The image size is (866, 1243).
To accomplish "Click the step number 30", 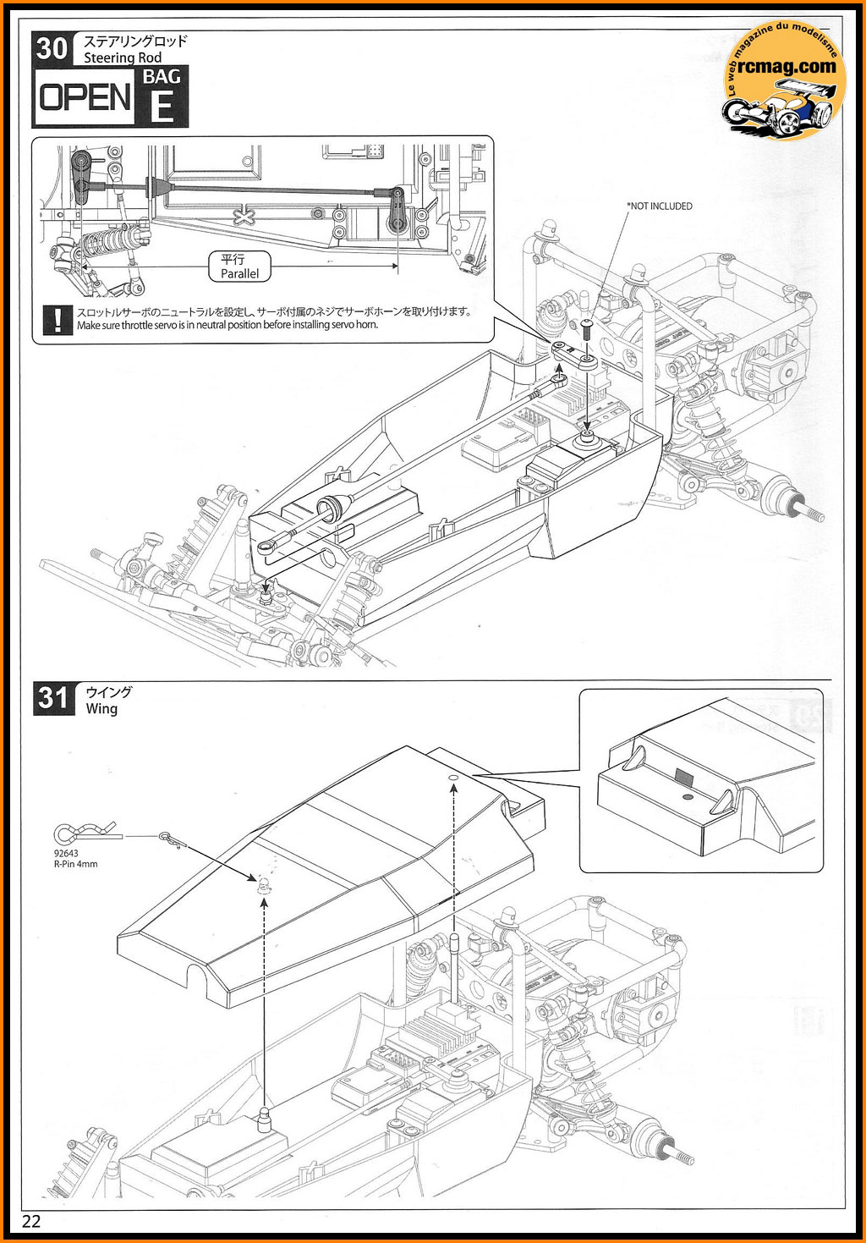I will click(x=52, y=48).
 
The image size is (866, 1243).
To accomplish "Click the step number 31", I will click(x=53, y=698).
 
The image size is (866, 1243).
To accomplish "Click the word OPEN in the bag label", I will click(x=85, y=98).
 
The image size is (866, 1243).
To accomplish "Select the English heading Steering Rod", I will click(x=123, y=58).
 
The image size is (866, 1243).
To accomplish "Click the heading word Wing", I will click(x=101, y=709).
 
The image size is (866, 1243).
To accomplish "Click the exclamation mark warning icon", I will click(x=57, y=319).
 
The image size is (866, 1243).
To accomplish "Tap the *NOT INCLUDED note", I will click(x=659, y=206).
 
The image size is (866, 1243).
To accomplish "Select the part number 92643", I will click(x=64, y=854).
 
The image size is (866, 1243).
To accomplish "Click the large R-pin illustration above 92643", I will click(x=72, y=835).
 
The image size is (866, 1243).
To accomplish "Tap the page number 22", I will click(x=31, y=1221).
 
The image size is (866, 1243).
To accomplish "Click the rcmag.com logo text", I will click(x=786, y=65).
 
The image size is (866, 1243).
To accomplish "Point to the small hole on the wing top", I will click(x=452, y=776).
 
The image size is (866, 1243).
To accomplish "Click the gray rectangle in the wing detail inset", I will click(x=683, y=778).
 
